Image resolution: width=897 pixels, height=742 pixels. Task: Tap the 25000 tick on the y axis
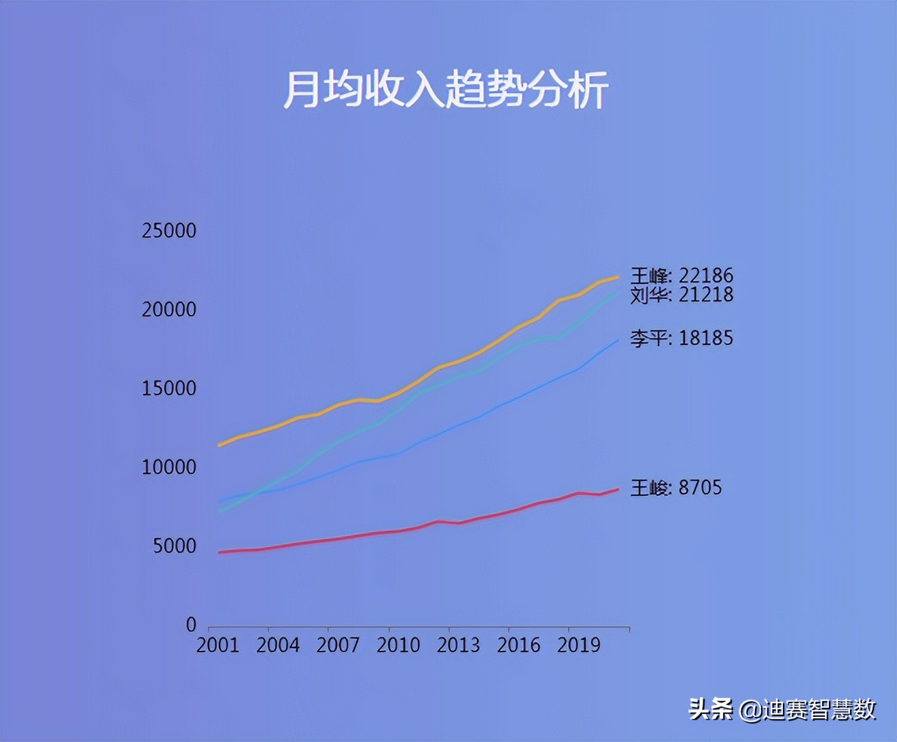point(169,231)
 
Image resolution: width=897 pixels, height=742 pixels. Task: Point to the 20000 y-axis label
point(169,310)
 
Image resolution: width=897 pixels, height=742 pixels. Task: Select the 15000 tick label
point(169,389)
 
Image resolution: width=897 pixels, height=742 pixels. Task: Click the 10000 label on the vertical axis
point(169,467)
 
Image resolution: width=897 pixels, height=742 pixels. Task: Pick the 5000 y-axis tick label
point(174,546)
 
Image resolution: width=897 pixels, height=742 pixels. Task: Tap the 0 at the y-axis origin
point(191,625)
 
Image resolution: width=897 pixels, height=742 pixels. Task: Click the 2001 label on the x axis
point(217,646)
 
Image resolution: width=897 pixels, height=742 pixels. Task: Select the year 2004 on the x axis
point(277,646)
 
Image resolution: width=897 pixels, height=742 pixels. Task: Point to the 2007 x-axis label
point(338,646)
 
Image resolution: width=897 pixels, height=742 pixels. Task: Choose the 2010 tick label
point(398,646)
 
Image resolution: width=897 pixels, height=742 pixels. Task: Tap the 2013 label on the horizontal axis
point(458,646)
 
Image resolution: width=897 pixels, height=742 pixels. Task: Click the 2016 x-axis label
point(518,646)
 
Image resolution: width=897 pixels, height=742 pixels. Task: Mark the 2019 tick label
point(578,646)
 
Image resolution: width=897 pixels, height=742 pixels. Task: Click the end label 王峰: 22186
point(682,276)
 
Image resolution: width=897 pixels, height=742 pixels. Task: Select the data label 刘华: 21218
point(682,295)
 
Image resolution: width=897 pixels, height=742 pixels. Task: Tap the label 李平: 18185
point(682,338)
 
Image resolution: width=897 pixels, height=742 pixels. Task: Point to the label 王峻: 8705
point(676,488)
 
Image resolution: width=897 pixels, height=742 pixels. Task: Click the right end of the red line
point(617,490)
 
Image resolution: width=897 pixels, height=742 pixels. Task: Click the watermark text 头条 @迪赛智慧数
point(782,710)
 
